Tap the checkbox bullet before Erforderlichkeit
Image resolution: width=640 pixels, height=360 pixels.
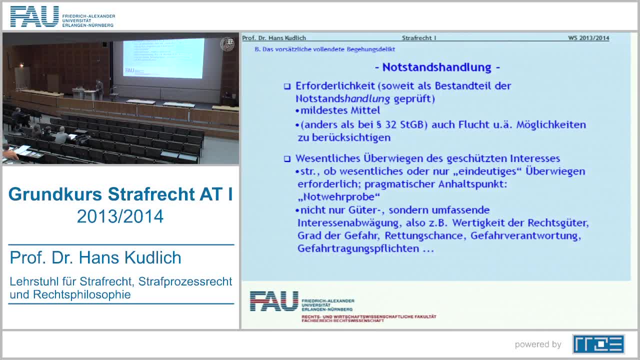click(x=287, y=86)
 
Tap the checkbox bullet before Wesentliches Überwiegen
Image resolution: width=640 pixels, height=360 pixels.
click(x=287, y=159)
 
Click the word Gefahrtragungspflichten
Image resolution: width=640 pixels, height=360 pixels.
click(x=358, y=248)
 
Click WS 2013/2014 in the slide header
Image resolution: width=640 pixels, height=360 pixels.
click(x=588, y=38)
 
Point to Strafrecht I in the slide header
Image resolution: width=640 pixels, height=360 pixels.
click(x=419, y=38)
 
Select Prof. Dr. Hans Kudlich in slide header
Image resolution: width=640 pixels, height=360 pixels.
click(x=274, y=38)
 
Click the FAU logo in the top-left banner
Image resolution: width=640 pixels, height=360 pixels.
click(x=34, y=16)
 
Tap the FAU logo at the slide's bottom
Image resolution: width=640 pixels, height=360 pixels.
click(x=274, y=301)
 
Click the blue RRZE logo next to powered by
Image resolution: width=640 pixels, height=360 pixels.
click(x=598, y=344)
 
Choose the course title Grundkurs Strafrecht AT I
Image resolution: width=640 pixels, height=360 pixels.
click(x=120, y=194)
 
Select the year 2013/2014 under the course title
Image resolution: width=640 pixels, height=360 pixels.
click(x=120, y=216)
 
